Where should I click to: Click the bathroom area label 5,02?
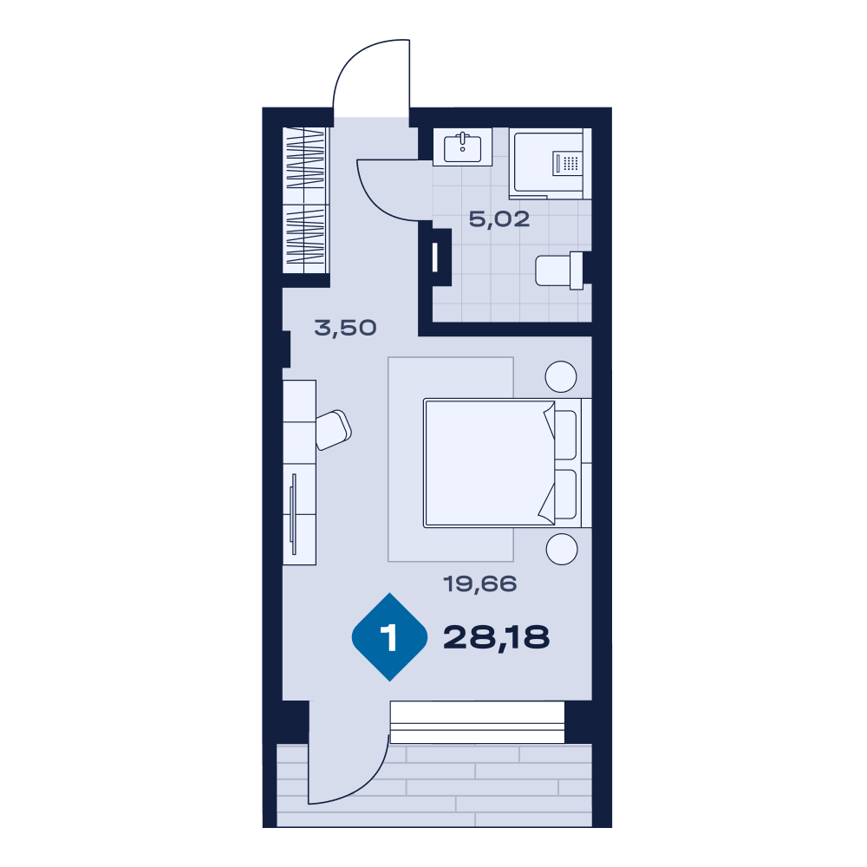tap(499, 219)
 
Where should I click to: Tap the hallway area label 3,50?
tap(346, 328)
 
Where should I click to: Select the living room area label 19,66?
tap(480, 583)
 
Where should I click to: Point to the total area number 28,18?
tap(497, 637)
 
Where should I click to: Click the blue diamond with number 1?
tap(390, 637)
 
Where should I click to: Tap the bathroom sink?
tap(462, 147)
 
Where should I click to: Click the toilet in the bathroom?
tap(559, 271)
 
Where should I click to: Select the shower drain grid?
tap(570, 163)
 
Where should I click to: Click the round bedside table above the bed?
tap(561, 376)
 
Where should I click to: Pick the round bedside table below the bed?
tap(562, 549)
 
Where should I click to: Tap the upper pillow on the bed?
tap(565, 434)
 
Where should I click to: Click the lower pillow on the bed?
tap(565, 494)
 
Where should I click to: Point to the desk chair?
tap(334, 430)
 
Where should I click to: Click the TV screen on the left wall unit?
tap(294, 513)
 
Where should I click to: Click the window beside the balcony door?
tap(477, 722)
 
